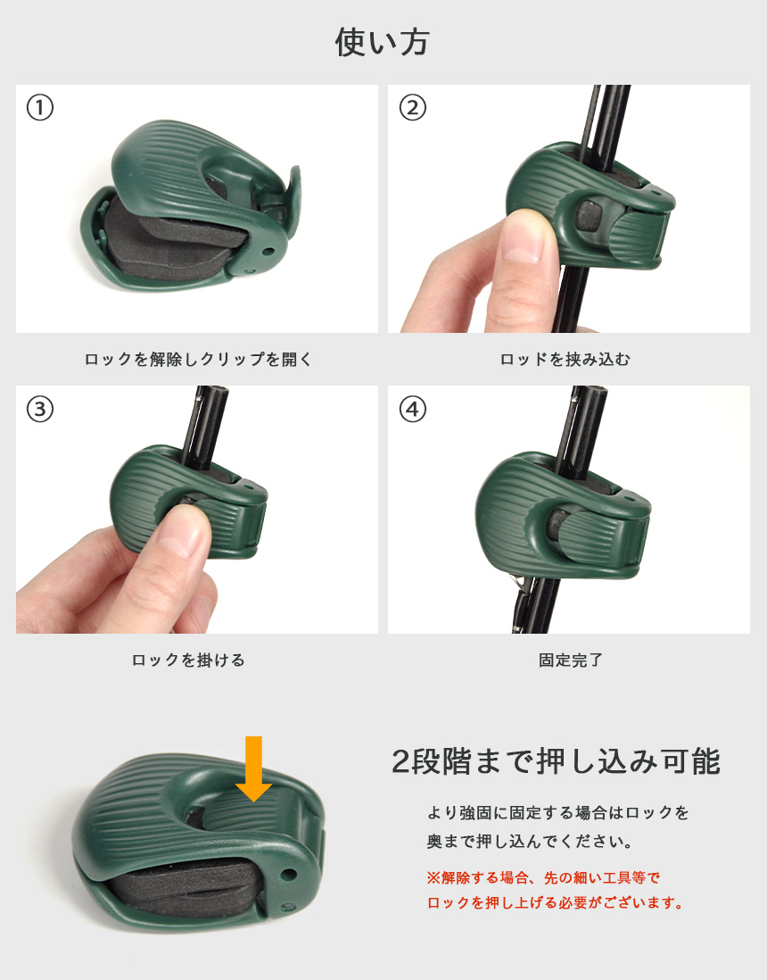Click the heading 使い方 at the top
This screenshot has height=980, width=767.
click(383, 43)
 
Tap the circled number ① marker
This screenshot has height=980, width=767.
click(40, 107)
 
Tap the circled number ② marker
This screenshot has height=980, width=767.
click(412, 107)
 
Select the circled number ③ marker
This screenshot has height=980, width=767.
click(40, 410)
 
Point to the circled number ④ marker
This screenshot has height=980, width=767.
click(412, 410)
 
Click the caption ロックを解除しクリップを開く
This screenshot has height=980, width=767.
click(198, 360)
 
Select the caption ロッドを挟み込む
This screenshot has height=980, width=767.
click(565, 360)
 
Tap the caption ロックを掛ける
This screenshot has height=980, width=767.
click(188, 660)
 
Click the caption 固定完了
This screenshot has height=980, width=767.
click(571, 660)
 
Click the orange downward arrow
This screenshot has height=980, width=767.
click(253, 768)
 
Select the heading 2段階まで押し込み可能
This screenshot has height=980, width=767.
click(556, 761)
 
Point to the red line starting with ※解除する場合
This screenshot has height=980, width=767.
click(543, 877)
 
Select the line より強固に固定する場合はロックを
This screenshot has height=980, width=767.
click(557, 812)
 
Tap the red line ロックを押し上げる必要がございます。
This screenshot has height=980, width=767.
click(556, 902)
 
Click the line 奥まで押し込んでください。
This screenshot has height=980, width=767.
click(530, 842)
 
